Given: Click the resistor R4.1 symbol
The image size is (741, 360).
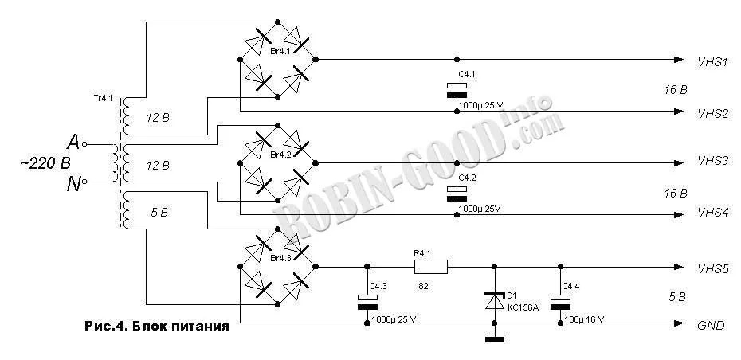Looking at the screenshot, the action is click(x=430, y=267).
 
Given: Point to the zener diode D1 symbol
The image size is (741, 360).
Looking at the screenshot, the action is click(x=494, y=302).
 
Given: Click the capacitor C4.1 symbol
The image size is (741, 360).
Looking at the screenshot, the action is click(x=457, y=90).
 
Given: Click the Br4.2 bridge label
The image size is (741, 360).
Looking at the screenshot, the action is click(x=280, y=155).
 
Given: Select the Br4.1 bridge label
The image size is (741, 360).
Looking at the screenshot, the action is click(x=280, y=51).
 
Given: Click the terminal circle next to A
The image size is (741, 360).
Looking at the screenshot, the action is click(x=84, y=143).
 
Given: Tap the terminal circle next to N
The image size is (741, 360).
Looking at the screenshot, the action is click(x=84, y=182).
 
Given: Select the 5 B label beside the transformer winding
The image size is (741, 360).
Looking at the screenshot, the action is click(x=159, y=213).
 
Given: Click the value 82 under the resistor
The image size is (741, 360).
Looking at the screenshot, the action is click(x=422, y=286).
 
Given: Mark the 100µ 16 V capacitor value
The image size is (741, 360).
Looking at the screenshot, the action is click(x=584, y=320).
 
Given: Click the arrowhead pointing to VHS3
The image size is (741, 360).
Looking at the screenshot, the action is click(x=679, y=163).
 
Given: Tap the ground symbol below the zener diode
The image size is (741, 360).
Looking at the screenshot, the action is click(x=494, y=338).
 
